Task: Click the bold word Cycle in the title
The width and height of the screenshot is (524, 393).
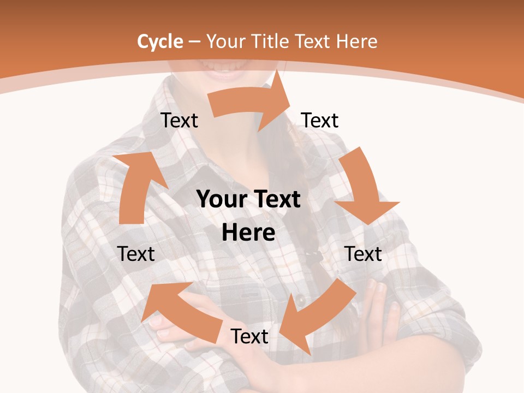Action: [160, 41]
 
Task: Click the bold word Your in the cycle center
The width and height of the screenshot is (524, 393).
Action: [221, 200]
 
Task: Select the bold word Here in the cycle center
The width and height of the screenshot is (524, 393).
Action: [248, 233]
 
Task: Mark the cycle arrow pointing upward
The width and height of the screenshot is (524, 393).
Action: [136, 186]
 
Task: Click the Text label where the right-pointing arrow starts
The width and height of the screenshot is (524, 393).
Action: [179, 121]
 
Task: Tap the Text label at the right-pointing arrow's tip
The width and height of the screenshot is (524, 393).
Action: [320, 121]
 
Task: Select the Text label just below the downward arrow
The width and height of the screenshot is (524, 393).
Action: [363, 254]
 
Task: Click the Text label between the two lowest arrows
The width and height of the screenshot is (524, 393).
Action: [249, 336]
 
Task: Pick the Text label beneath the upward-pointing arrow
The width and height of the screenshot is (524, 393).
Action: [136, 254]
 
